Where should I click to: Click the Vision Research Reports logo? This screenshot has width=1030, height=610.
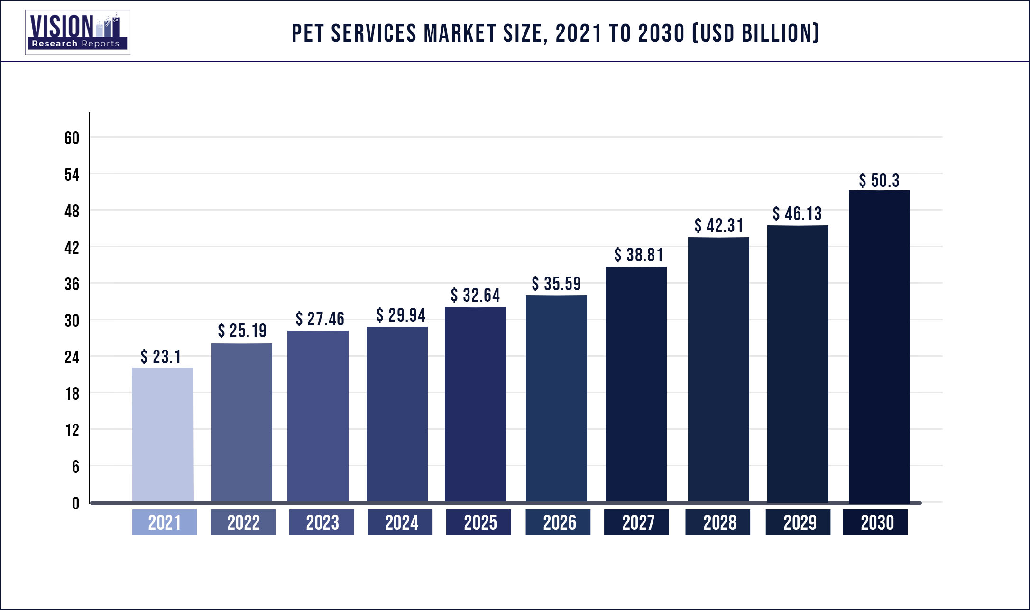(x=77, y=32)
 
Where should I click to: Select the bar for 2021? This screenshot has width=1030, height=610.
(x=163, y=434)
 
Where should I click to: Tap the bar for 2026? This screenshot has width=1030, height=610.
(x=556, y=398)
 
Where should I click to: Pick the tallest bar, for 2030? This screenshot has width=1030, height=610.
(x=879, y=346)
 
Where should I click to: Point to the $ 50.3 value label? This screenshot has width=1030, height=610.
(x=879, y=181)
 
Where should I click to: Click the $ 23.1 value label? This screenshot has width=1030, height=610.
(x=161, y=357)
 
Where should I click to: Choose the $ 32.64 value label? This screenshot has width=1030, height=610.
(x=475, y=296)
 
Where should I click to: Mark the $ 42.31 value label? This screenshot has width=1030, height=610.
(x=719, y=226)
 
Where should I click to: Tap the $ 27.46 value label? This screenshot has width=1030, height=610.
(x=320, y=319)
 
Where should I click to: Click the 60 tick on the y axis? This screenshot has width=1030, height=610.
(x=72, y=138)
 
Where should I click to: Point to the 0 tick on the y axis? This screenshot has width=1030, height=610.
(x=75, y=503)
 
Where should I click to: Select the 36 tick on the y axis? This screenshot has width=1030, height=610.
(x=72, y=284)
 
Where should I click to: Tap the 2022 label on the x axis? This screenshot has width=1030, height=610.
(x=243, y=523)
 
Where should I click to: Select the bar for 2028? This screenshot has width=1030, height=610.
(x=718, y=370)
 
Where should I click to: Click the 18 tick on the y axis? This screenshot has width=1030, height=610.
(x=72, y=394)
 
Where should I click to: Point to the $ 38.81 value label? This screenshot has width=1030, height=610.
(x=639, y=255)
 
